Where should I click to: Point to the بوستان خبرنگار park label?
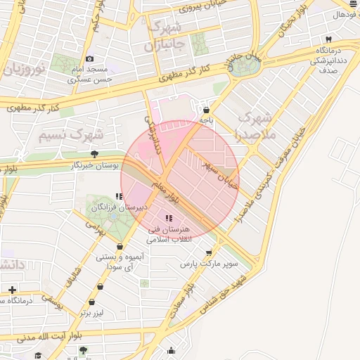95,165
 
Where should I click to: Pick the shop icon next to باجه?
205,110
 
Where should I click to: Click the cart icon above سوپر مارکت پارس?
209,253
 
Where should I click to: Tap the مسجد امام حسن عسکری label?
89,75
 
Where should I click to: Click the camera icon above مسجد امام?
89,59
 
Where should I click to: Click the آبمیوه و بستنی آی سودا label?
122,262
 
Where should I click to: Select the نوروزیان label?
26,67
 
